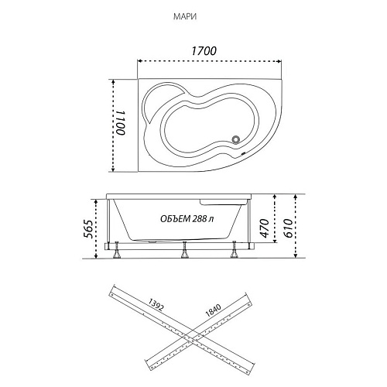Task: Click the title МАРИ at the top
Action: tap(185, 17)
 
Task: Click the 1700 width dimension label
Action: tap(204, 51)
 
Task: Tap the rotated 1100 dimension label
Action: tap(121, 123)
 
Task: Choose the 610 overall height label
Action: tap(288, 228)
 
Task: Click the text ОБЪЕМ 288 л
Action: tap(187, 219)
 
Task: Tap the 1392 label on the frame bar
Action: tap(156, 305)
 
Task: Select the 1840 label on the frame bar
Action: tap(213, 310)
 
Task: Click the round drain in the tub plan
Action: tap(236, 140)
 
